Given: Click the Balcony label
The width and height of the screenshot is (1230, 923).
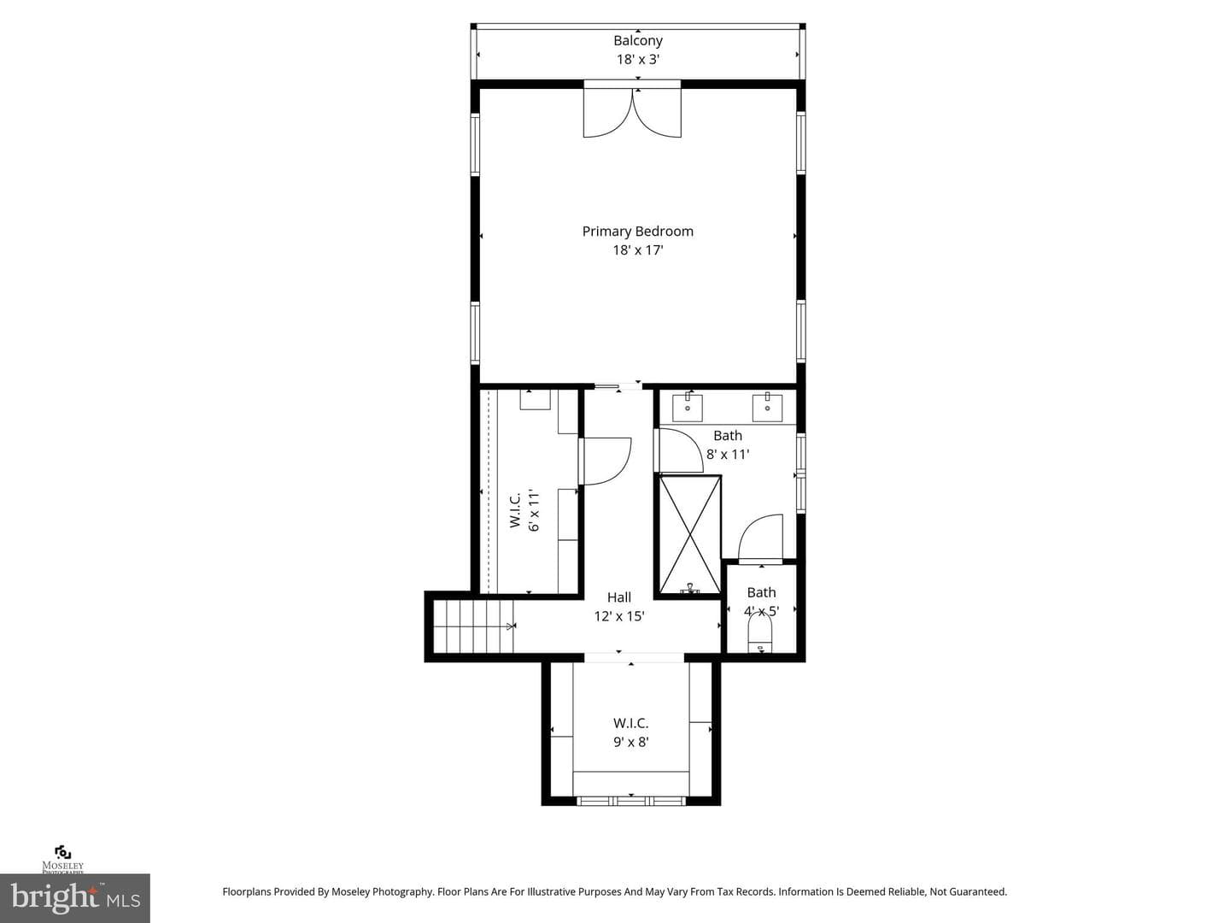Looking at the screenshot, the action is pos(638,40).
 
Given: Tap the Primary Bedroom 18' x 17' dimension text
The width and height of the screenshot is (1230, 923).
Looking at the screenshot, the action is pos(638,250).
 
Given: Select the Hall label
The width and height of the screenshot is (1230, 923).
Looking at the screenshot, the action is pos(619,597).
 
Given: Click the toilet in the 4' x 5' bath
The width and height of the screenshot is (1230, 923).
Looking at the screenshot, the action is pos(760,634).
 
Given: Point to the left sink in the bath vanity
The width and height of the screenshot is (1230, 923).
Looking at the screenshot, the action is pos(688,407).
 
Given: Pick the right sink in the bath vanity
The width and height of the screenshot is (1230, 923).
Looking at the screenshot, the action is pos(767,407).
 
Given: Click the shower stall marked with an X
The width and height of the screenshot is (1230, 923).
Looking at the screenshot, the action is pos(690,534).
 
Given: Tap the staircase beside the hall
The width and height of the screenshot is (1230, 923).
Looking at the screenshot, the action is pos(473,626).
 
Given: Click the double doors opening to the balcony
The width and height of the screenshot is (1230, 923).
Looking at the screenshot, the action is pos(633,113).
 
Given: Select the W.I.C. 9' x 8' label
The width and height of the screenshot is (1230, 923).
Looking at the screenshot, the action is pos(631,732).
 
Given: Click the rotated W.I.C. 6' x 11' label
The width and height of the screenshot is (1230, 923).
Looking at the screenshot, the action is pos(524,510).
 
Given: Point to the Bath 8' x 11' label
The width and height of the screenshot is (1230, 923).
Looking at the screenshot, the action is pos(728,445).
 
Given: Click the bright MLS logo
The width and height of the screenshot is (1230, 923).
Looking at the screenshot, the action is pos(75,897).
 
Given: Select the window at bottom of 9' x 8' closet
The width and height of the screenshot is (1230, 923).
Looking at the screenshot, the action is pos(631,801).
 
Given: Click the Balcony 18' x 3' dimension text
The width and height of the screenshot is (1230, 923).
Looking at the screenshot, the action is pos(638,60).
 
